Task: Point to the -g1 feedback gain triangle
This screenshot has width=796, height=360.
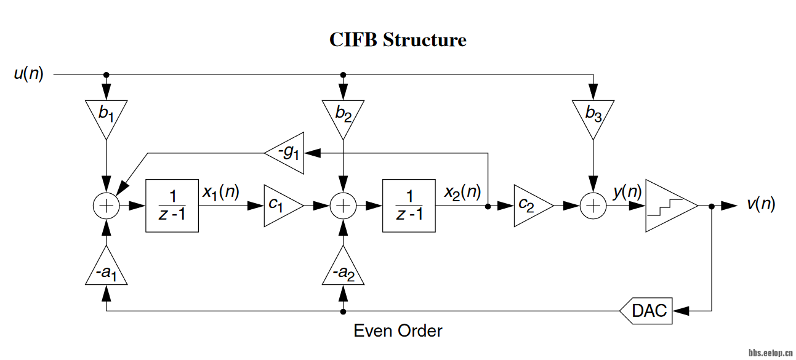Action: (x=287, y=153)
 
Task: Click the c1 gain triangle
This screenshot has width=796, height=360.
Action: (x=281, y=206)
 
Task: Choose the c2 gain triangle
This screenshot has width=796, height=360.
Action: (x=531, y=206)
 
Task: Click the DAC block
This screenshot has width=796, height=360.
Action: (x=646, y=311)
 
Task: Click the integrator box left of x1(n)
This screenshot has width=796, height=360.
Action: (x=172, y=206)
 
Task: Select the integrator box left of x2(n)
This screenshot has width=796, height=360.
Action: (x=409, y=206)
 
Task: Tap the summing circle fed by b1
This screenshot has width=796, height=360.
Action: (x=107, y=206)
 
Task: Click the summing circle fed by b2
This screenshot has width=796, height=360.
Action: (x=343, y=206)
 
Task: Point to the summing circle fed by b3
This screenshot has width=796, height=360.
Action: (x=592, y=206)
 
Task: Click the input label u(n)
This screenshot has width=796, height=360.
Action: (x=29, y=74)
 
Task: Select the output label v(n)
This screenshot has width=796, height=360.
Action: (x=761, y=204)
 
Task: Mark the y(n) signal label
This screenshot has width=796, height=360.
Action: (x=627, y=192)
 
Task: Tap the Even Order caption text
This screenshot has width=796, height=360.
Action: (x=398, y=331)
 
